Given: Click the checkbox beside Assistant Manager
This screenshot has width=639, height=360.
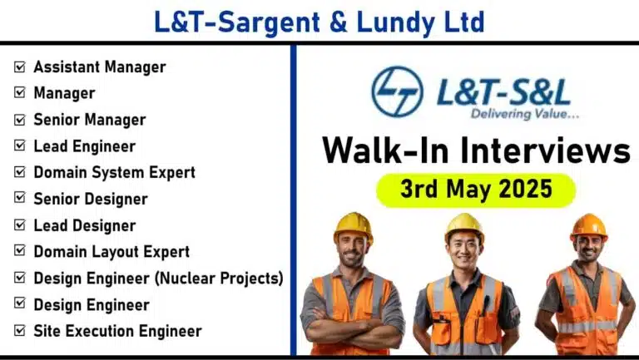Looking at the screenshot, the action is pos(20,67).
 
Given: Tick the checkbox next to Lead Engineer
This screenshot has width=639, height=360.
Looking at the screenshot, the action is pos(20,145).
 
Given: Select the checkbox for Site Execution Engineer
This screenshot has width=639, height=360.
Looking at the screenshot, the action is pos(20,330).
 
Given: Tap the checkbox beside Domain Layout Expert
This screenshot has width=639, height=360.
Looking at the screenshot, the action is pos(20,251).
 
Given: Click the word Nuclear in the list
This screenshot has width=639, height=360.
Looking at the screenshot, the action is pos(186,279).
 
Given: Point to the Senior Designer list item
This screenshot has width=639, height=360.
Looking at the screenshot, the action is pos(91,200).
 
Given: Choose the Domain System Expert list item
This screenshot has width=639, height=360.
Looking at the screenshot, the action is pos(115,173).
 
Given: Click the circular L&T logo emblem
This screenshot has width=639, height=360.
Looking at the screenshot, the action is pos(398,91).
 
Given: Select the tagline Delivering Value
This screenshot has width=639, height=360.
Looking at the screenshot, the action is pos(525,114).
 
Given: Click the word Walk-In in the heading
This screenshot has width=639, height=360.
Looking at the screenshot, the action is pos(385,150).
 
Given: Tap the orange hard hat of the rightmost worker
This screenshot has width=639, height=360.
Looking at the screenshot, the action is pos(589,226).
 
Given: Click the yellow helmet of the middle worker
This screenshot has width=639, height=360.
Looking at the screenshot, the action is pos(464,226).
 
